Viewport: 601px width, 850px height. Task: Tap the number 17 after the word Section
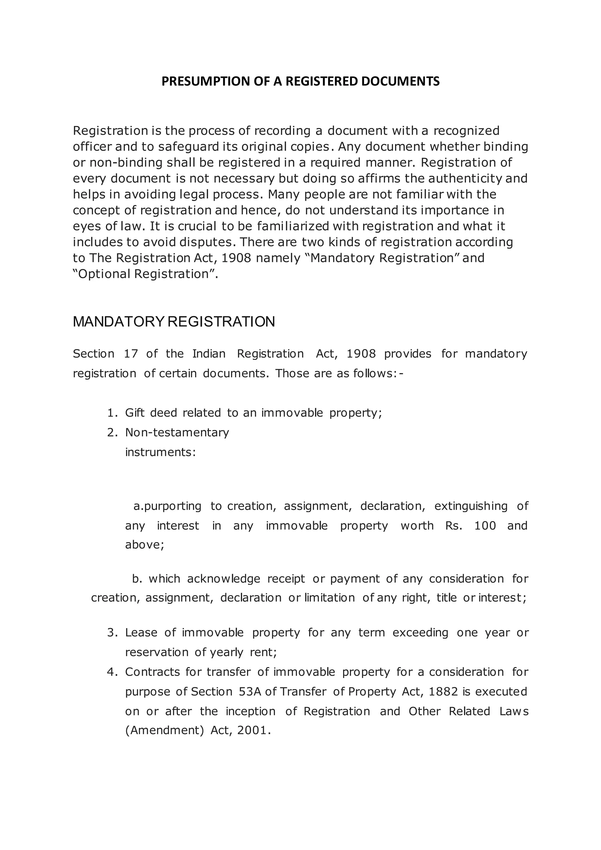pyautogui.click(x=131, y=354)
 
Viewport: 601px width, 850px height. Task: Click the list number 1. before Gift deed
pyautogui.click(x=112, y=413)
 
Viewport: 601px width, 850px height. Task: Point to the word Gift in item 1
pyautogui.click(x=135, y=413)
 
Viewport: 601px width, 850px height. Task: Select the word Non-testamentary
pyautogui.click(x=177, y=432)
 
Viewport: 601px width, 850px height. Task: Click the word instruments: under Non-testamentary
pyautogui.click(x=160, y=452)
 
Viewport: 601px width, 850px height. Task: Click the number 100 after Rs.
pyautogui.click(x=485, y=526)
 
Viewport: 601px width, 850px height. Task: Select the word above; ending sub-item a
pyautogui.click(x=144, y=545)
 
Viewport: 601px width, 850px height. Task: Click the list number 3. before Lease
pyautogui.click(x=112, y=633)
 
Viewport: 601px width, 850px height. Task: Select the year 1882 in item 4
pyautogui.click(x=443, y=692)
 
